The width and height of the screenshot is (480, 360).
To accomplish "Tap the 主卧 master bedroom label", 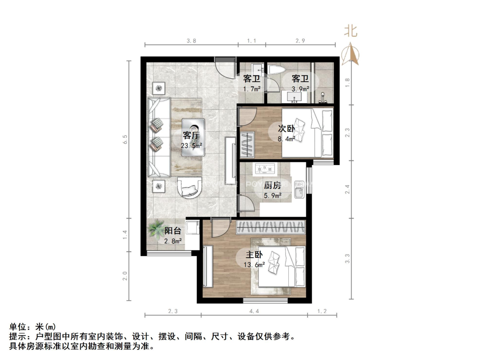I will pos(255,255).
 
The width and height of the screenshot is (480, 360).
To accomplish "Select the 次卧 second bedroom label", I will pos(286,128).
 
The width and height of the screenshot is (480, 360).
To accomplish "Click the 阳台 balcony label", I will pos(173,231).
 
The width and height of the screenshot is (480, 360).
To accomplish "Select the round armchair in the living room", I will pos(189,188).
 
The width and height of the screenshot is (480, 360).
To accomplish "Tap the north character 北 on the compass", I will pos(351,31).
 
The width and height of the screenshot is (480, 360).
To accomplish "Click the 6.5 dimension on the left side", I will pos(125,139).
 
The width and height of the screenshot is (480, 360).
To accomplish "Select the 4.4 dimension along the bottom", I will pos(254,311).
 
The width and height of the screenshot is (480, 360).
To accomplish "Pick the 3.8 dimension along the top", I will pos(191,41).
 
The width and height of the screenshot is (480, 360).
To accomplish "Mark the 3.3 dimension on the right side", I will pos(348,258).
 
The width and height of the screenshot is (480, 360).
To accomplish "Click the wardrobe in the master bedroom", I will pos(271,227).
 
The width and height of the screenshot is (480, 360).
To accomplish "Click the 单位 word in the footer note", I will pos(17,327).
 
